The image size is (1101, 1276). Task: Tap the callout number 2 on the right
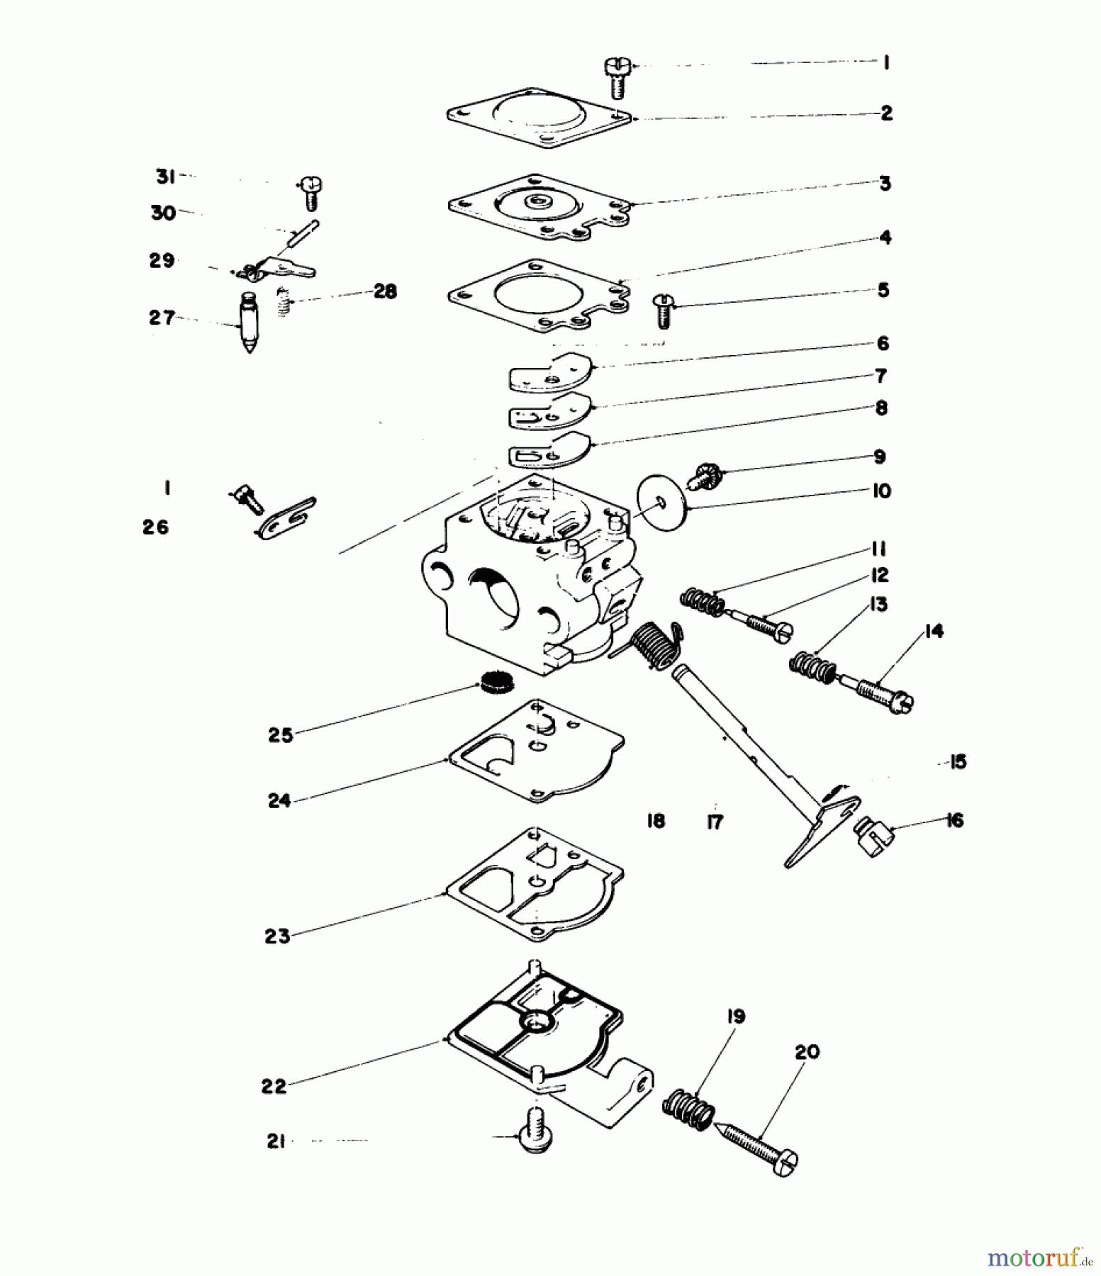886,113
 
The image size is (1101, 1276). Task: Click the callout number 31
166,177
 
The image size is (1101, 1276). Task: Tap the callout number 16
955,820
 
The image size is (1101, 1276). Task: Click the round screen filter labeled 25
496,683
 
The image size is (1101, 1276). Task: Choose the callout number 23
277,936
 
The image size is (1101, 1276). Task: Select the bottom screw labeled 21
537,1135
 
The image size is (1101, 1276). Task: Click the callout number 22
274,1085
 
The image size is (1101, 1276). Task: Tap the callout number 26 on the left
156,527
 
